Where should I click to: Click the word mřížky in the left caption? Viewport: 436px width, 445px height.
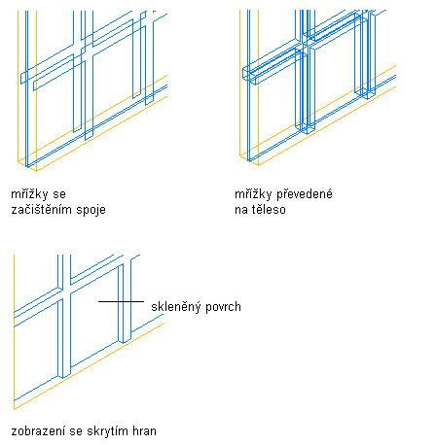coord(29,194)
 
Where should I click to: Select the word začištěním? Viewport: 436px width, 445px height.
coord(42,210)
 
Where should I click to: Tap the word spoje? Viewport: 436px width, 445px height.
coord(91,211)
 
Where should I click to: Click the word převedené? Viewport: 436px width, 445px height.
coord(305,194)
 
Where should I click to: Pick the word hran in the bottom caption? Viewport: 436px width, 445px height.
coord(145,431)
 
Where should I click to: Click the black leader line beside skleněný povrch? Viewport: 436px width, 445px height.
coord(121,301)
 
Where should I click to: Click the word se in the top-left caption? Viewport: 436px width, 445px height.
coord(59,195)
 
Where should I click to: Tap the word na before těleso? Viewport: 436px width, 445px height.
coord(241,210)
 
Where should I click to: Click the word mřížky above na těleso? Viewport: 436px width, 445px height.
coord(253,194)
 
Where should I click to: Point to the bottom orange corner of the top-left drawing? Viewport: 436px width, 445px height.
coord(36,171)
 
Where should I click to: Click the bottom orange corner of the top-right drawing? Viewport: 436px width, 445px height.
coord(258,165)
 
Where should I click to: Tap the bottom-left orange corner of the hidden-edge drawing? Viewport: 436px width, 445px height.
coord(14,409)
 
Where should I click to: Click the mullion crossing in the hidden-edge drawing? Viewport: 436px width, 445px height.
coord(64,293)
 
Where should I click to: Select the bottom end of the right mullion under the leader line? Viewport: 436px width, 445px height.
coord(124,342)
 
